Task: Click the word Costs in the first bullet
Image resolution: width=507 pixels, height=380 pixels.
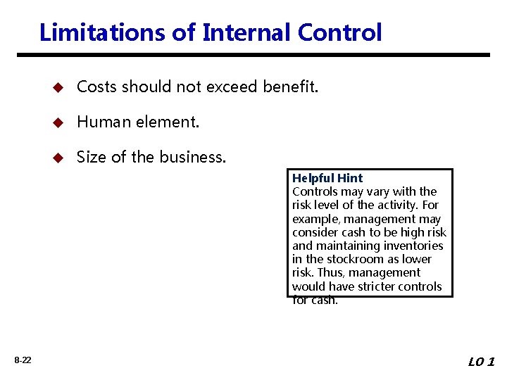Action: click(97, 87)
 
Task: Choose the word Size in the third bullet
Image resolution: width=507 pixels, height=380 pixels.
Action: click(89, 157)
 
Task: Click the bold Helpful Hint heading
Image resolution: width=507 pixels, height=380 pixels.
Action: click(327, 178)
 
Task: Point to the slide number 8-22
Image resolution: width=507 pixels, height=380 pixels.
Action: click(23, 360)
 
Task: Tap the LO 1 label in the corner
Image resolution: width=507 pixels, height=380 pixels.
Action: click(482, 362)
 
